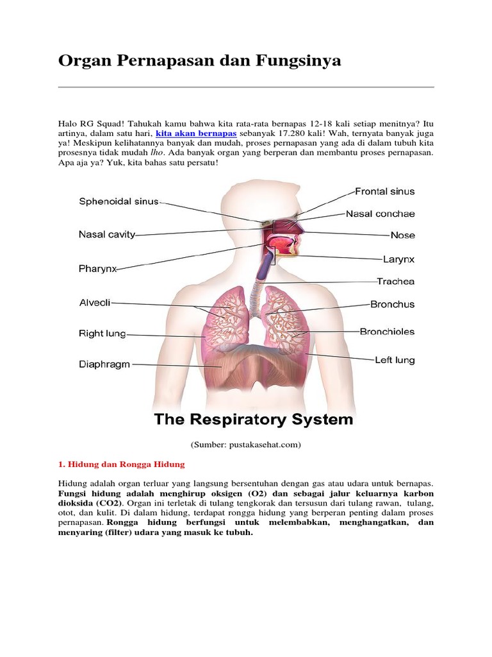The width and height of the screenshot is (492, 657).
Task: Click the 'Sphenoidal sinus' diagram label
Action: click(119, 201)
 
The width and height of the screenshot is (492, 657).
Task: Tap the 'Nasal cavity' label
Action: click(107, 235)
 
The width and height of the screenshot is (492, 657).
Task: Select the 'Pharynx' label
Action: click(98, 269)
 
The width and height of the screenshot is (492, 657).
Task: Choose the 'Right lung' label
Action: click(102, 334)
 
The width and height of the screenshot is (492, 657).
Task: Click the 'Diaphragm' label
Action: click(104, 364)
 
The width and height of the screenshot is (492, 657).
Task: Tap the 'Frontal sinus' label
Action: click(385, 191)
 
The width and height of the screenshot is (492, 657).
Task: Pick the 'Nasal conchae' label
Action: click(381, 214)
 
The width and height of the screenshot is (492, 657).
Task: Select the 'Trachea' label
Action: click(395, 281)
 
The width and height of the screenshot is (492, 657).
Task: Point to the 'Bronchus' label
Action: click(392, 304)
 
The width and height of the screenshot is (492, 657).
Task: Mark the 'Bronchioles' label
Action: click(387, 332)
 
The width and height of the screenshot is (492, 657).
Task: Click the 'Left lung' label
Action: click(395, 360)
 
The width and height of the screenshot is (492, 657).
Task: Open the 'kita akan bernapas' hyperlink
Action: click(192, 133)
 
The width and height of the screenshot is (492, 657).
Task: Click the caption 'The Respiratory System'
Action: click(253, 420)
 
